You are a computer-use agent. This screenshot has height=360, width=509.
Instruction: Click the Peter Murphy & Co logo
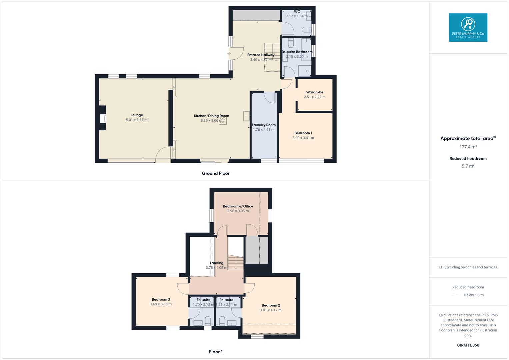click(x=468, y=27)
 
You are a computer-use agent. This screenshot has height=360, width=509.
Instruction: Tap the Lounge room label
click(x=137, y=115)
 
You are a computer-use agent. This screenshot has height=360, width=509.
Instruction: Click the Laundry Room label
click(x=264, y=125)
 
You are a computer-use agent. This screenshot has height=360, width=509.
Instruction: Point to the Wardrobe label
click(x=315, y=92)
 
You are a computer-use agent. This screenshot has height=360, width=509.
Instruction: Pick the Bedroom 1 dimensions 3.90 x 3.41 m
click(x=303, y=138)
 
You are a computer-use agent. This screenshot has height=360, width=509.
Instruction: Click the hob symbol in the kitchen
click(x=223, y=120)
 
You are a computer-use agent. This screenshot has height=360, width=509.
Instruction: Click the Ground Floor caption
click(x=216, y=173)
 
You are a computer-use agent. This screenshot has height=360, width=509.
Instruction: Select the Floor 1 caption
click(x=216, y=352)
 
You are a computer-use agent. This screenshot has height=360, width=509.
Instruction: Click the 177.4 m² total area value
click(x=468, y=147)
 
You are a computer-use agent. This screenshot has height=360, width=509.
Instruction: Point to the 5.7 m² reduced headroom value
click(x=468, y=166)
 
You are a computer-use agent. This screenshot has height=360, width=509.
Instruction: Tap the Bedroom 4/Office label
click(x=238, y=206)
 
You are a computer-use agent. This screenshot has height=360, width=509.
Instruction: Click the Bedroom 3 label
click(x=161, y=299)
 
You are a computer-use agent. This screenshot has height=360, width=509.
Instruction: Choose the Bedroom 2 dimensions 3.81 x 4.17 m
click(x=271, y=310)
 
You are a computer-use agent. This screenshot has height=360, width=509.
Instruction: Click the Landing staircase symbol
click(x=236, y=262)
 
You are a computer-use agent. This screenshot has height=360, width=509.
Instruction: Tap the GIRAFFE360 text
click(x=468, y=345)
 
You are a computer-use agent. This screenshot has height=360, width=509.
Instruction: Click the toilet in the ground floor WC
click(x=307, y=30)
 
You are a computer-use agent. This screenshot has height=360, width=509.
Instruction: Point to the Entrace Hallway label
click(x=261, y=55)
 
